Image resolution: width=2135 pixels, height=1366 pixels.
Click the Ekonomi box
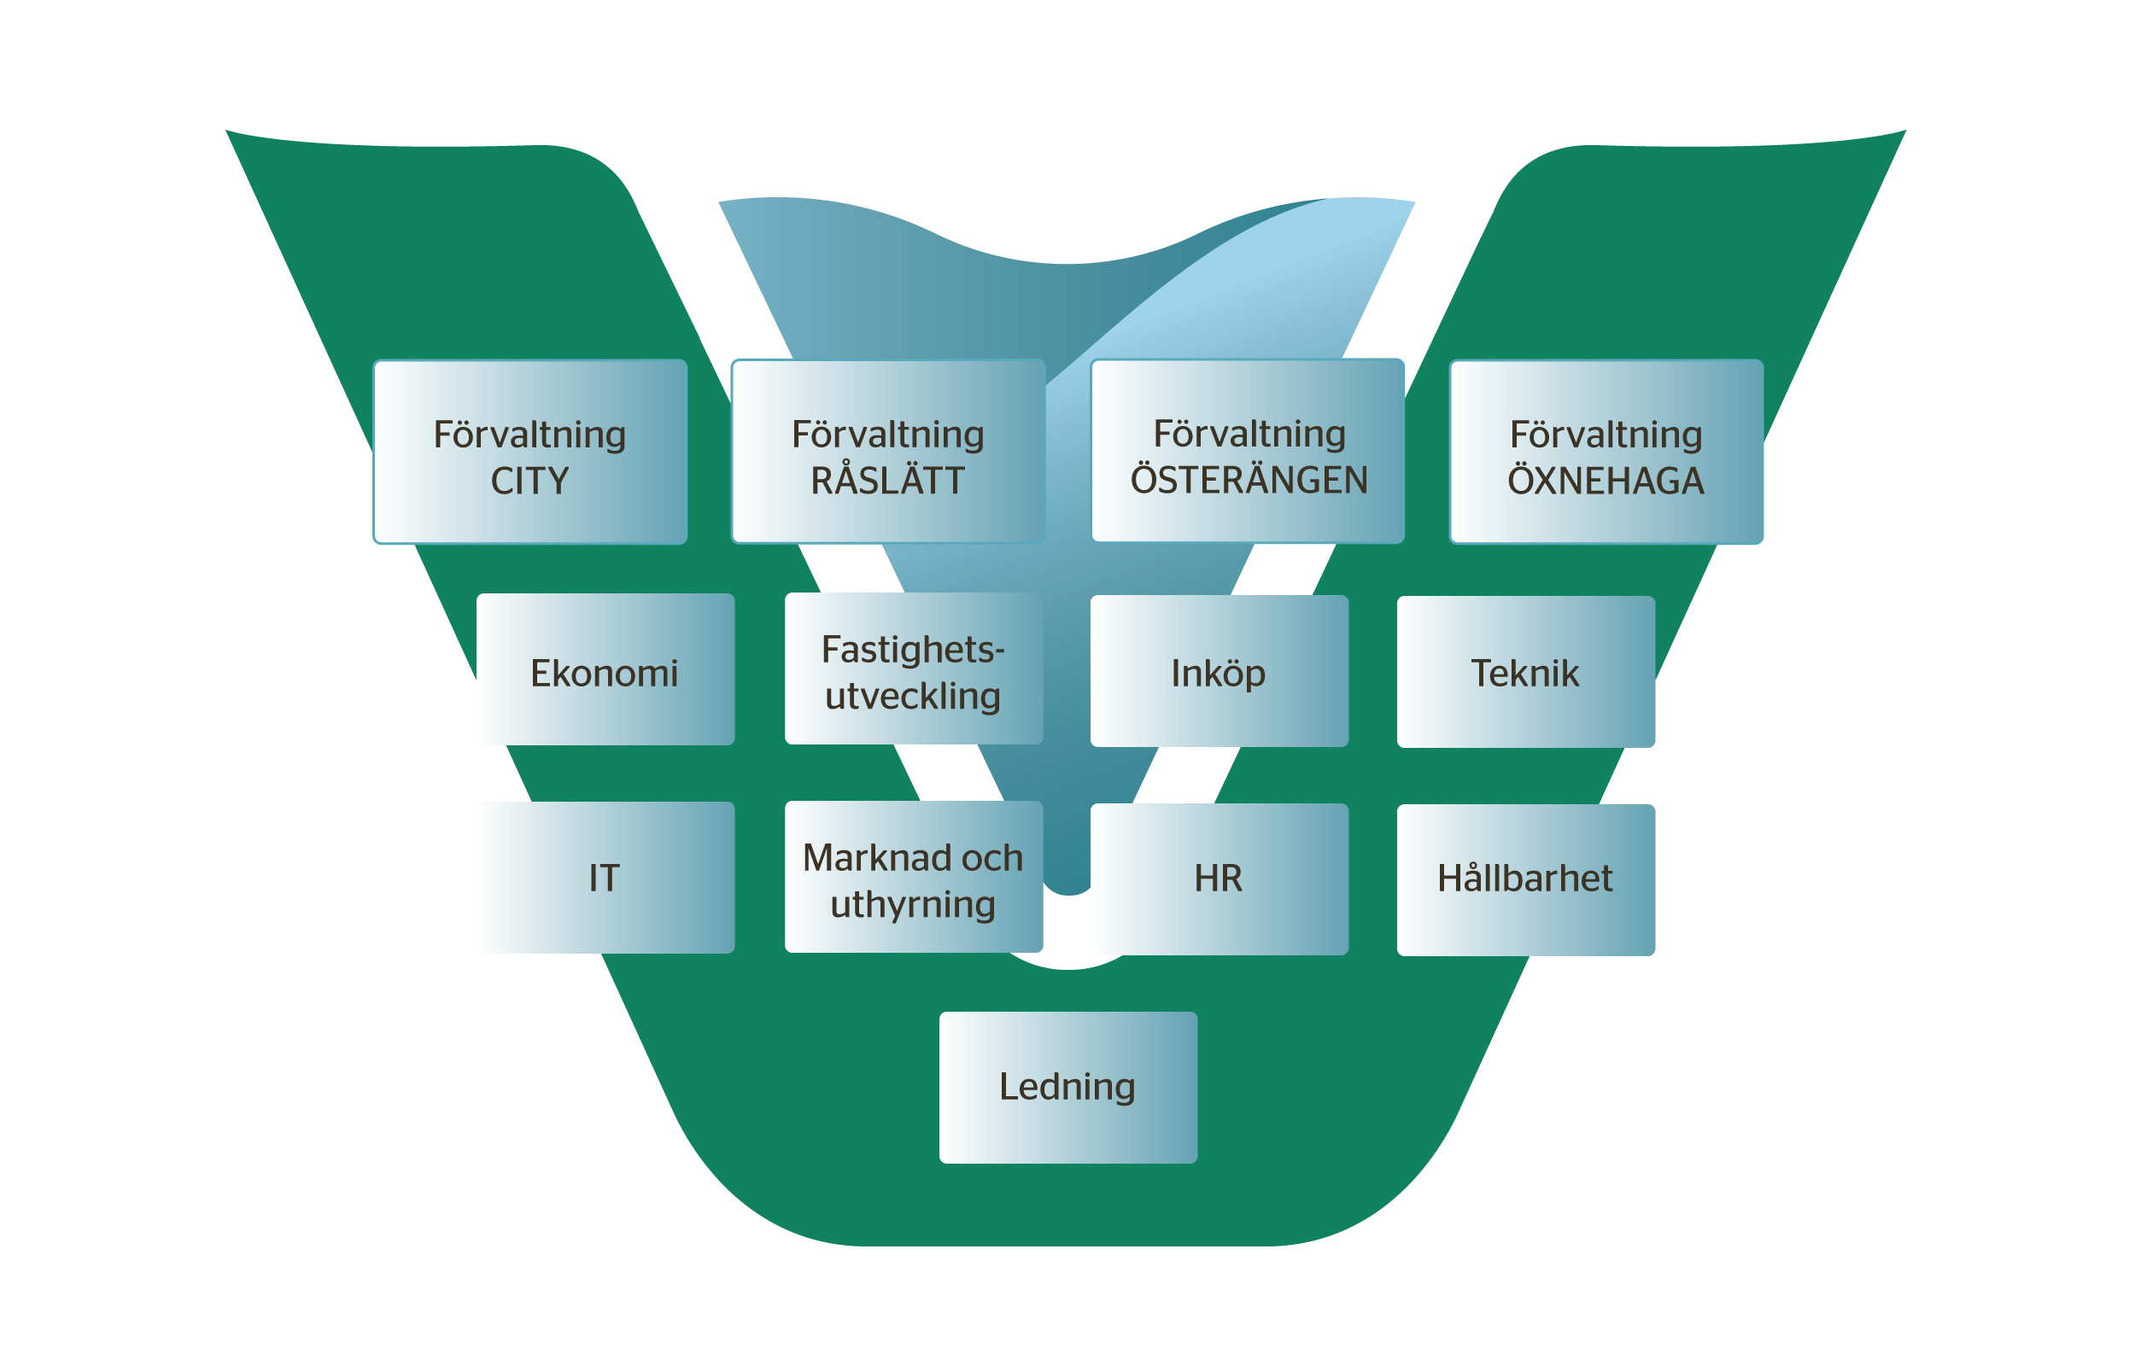coord(605,669)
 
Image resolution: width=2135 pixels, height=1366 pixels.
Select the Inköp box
coord(1219,671)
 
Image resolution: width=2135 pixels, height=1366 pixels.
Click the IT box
coord(605,879)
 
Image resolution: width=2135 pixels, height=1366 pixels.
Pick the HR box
coord(1219,879)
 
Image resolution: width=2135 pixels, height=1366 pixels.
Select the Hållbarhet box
coord(1525,880)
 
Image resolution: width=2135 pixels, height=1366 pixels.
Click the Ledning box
coord(1068,1088)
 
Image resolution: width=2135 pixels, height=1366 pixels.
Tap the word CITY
coord(529,482)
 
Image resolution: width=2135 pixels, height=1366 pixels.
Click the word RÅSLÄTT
coord(888,482)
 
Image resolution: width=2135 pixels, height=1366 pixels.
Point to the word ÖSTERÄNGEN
coord(1249,481)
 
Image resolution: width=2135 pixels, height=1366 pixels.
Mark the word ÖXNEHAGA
coord(1606,482)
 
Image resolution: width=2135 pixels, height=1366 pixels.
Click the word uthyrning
coord(914,906)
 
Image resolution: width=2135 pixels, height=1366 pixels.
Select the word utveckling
coord(914,698)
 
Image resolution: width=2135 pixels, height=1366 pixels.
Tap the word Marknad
coord(864,859)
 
